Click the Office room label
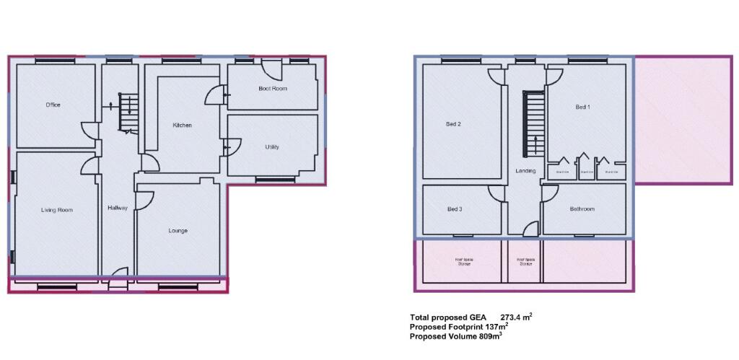point(53,105)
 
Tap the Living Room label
point(56,211)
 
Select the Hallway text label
point(118,208)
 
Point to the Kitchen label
point(182,126)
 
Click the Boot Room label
point(273,89)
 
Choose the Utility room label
point(272,147)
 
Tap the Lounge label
point(178,232)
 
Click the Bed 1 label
point(582,107)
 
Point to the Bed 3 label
point(455,209)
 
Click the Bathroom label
point(582,209)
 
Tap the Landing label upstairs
point(525,171)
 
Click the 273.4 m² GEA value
point(516,317)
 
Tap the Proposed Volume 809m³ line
point(455,336)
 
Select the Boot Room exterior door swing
point(272,70)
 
